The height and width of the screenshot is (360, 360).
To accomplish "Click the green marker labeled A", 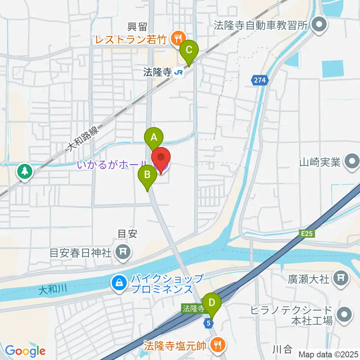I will coord(154,137).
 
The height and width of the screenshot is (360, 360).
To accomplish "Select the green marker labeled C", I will coord(189,49).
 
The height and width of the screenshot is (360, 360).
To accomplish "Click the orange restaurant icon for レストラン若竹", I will coord(176,37).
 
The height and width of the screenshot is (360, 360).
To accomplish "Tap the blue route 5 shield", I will coord(210,322).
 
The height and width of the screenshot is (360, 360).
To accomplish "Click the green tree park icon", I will coord(25,172).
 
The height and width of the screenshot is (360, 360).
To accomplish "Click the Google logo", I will coord(25,351).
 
